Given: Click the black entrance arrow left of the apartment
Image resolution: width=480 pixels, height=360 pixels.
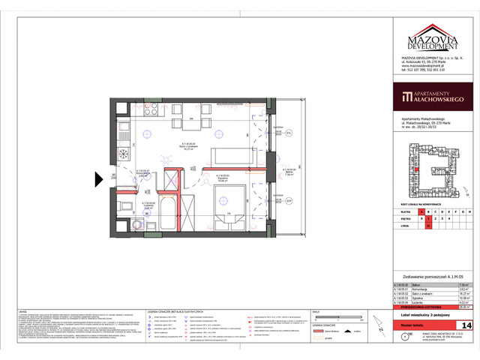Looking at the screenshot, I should tap(99, 180).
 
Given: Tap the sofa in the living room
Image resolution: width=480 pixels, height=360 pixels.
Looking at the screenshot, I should tap(228, 155).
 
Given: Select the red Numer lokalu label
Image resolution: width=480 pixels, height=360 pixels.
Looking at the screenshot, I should tap(414, 325).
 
